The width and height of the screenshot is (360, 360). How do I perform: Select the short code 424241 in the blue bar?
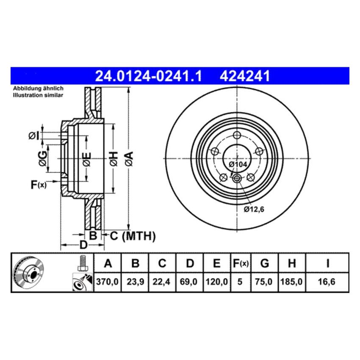click(244, 76)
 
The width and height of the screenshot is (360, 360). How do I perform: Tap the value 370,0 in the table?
click(108, 281)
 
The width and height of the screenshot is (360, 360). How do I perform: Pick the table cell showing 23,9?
click(135, 281)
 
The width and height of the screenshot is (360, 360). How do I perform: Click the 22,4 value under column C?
click(162, 281)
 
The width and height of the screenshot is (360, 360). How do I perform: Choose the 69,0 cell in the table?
click(190, 281)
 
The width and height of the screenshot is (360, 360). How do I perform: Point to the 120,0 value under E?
click(216, 281)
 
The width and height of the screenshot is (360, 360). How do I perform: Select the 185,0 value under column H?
click(291, 281)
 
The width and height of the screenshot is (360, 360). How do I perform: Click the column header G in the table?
click(265, 264)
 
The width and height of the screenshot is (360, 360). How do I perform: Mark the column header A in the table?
click(108, 264)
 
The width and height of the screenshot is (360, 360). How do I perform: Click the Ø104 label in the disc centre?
click(237, 164)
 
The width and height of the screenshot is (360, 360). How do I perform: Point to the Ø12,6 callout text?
click(254, 208)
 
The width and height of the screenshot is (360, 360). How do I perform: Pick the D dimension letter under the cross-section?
click(83, 245)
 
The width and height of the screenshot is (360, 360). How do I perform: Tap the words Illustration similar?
click(38, 95)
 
